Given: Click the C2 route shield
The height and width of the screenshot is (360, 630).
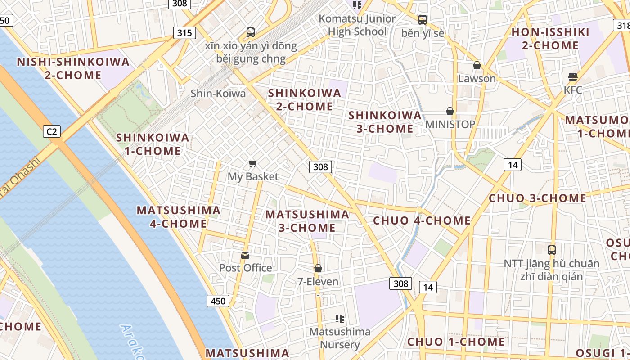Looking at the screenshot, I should coord(52,131).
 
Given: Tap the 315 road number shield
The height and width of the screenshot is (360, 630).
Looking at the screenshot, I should coord(184,32).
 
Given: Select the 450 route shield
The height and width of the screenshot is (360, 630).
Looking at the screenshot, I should coord(218,301).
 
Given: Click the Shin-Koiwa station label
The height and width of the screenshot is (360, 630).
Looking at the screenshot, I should coord(218,94).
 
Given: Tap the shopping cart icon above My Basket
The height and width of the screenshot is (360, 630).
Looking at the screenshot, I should coord(253,163).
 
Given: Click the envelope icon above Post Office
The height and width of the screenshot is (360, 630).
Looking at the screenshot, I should coord(245,255).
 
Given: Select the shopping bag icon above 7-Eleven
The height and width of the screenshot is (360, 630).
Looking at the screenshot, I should coord(318,269).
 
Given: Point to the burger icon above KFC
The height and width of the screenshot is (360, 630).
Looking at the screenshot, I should coord(572,77).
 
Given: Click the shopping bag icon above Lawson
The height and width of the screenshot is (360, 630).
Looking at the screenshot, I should coord(477,66).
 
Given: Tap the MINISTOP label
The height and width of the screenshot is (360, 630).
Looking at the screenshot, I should coord(450,124).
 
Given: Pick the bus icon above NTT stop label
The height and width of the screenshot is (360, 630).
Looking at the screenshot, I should coord(552,250).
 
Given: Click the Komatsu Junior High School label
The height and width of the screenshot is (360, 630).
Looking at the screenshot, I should coord(357,25).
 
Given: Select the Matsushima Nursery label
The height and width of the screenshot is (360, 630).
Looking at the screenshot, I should coord(340,338).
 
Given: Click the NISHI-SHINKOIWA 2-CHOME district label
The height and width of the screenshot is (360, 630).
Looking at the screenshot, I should coord(73,68).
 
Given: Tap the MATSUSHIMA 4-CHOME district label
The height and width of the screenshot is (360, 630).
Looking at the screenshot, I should coord(179,217).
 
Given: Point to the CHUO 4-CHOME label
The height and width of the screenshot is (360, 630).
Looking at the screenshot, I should coord(422,220).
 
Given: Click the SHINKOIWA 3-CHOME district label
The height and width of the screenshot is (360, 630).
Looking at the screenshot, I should coord(385,122).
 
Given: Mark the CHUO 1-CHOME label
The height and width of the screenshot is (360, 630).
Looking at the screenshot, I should coord(456,342).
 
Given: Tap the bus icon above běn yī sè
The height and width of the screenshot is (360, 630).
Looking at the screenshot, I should coord(422,20).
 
